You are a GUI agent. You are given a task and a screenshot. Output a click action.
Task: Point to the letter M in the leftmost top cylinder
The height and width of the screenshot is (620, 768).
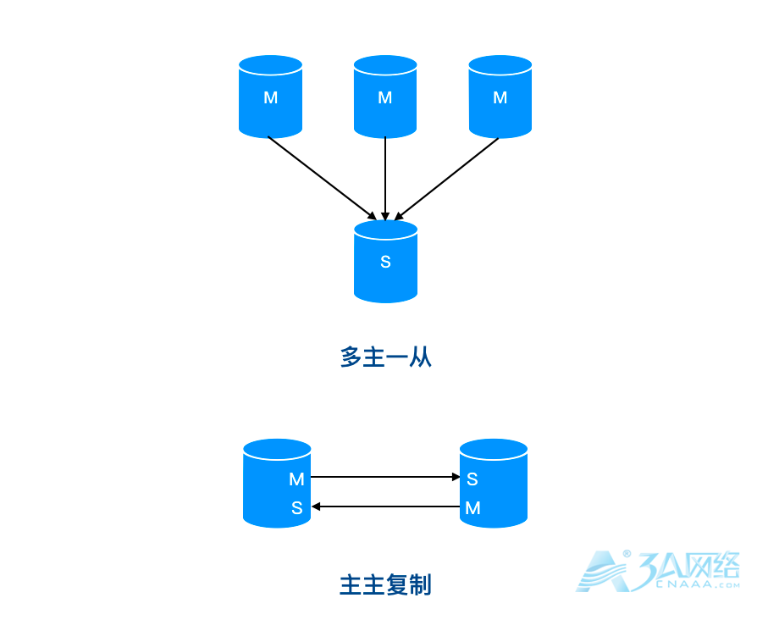(x=270, y=97)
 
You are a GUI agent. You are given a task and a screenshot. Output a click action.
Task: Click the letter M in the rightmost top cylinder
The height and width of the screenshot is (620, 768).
(x=500, y=97)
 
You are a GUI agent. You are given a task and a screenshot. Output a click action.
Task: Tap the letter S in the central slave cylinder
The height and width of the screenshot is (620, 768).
(x=385, y=262)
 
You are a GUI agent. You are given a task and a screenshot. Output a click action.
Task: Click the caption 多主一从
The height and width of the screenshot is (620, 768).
(x=385, y=357)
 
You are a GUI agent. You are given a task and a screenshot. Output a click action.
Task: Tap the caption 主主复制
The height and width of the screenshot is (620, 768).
(x=385, y=585)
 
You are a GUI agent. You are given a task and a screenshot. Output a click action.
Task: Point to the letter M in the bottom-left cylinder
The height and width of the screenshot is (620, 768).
(x=296, y=479)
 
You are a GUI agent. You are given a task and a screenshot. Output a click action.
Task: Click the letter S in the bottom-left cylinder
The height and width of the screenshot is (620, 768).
(x=296, y=508)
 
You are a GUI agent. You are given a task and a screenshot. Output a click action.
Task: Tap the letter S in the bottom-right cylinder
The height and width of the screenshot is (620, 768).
(x=472, y=479)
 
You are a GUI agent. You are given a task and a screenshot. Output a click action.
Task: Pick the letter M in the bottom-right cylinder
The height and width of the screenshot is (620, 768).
(x=472, y=508)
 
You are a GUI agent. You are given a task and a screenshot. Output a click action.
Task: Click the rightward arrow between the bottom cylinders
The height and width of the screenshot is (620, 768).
(x=385, y=477)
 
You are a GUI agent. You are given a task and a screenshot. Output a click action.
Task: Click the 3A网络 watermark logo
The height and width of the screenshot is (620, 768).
(x=659, y=572)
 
